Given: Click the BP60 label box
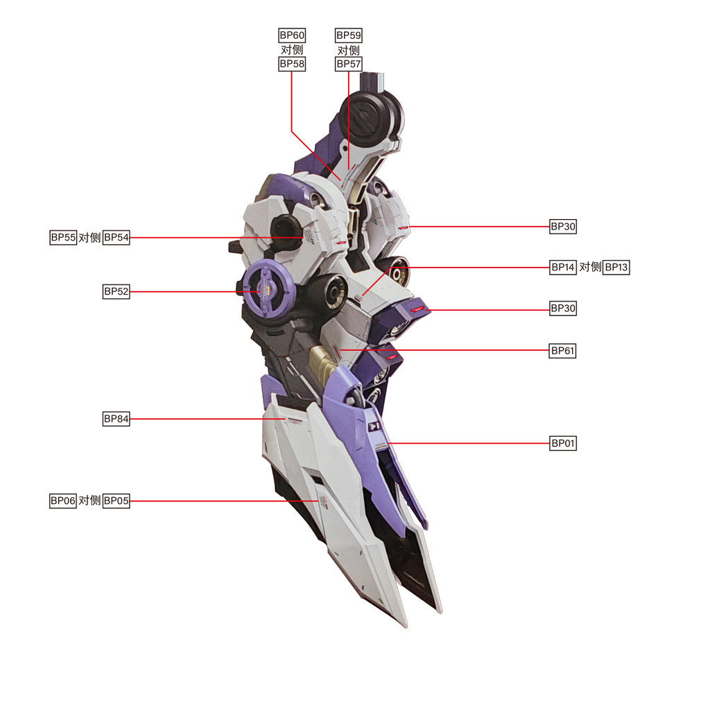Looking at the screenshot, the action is (x=292, y=35).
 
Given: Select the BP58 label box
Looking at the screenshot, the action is (x=292, y=64).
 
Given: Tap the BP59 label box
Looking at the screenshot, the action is (x=349, y=35).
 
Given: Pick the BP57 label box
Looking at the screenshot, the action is (x=349, y=64).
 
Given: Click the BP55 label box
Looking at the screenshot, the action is (x=63, y=237).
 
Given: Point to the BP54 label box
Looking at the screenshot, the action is (x=116, y=237).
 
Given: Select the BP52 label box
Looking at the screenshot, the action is (x=116, y=291).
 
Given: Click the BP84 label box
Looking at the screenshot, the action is (x=116, y=419).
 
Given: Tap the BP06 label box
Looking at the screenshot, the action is (x=63, y=501).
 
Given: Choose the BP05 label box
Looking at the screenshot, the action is (x=116, y=501).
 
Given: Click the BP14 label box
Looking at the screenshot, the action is (x=563, y=267).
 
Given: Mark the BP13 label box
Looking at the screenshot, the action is (x=616, y=267).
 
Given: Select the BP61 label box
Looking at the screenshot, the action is (x=563, y=350).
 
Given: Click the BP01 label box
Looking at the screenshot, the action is (x=563, y=443).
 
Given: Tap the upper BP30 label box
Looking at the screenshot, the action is (x=563, y=226).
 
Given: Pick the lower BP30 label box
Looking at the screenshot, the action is (x=563, y=309).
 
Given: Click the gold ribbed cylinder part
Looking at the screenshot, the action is (x=324, y=364).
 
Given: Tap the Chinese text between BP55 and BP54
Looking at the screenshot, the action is (x=89, y=237).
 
